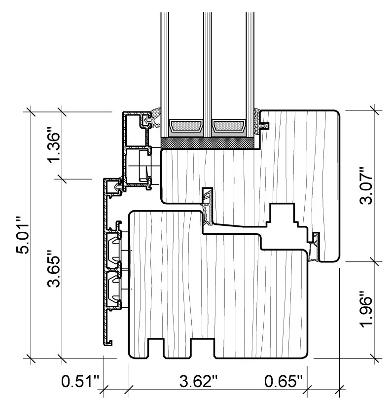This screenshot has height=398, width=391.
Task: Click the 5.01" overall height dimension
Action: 23,235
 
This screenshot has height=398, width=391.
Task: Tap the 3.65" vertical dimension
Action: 54,268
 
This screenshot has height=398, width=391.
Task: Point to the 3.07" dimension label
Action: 366,185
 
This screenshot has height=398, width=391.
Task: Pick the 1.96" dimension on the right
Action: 366,309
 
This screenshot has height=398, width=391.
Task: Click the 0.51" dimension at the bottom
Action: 80,381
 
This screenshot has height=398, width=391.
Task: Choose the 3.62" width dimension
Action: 198,381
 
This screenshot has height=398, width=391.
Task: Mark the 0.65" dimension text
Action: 284,381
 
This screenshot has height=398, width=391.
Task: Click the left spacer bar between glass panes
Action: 186,126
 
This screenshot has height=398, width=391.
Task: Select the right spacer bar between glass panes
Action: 229,126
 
